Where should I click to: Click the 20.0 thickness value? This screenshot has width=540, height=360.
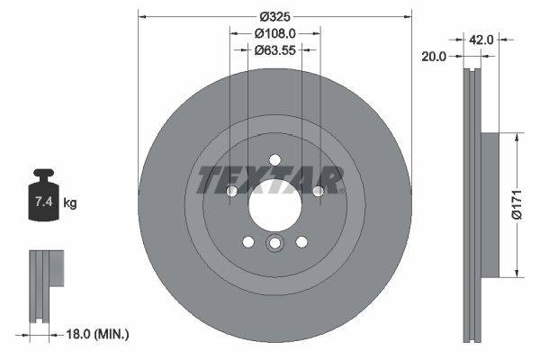[x=435, y=56]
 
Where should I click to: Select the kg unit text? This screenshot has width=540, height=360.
[x=70, y=203]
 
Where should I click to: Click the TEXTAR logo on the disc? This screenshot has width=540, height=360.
[x=270, y=180]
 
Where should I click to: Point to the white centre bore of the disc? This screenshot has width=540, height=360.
[x=274, y=209]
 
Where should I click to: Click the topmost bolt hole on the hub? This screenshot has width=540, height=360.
[x=275, y=160]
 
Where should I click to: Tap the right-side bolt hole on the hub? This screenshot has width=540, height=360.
[x=319, y=191]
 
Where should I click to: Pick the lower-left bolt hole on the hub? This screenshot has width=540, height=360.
[x=248, y=241]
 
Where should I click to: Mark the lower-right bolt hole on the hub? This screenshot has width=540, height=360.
[x=301, y=241]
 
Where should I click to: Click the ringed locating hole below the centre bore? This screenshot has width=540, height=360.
[x=275, y=245]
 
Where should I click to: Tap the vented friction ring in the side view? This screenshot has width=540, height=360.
[x=472, y=204]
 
